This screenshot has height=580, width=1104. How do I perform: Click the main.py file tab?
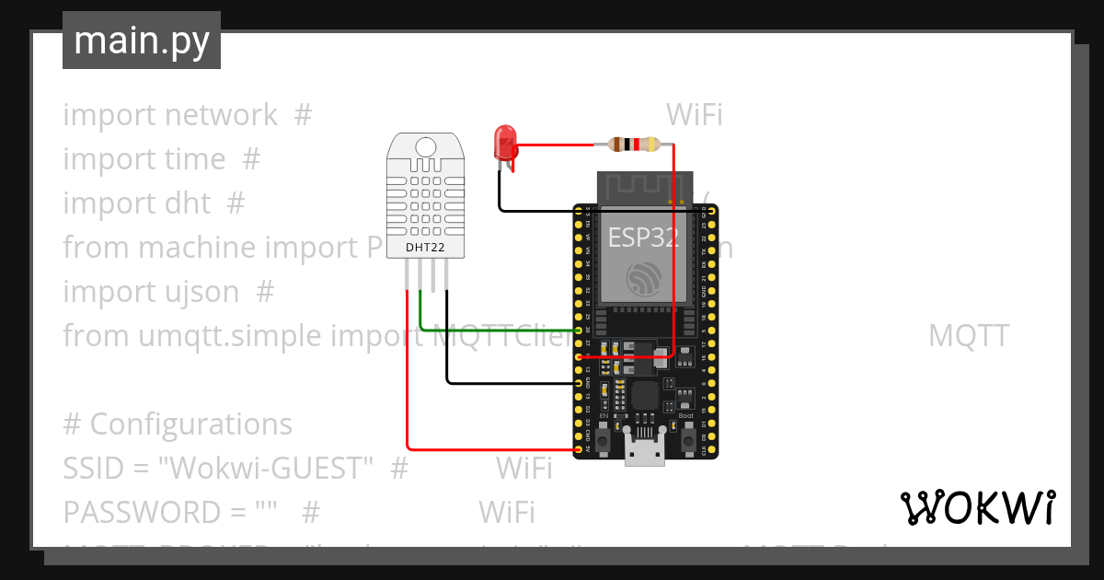coord(141,41)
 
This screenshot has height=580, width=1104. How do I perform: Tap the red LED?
coord(505,144)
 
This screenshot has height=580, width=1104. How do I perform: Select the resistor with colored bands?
coord(634,144)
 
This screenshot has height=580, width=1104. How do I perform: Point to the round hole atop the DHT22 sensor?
coord(425,147)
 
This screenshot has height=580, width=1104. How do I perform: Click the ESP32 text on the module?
coord(643,238)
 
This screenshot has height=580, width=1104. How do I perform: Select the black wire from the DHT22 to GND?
coord(506,382)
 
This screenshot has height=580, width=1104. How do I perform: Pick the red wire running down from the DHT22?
coord(408,387)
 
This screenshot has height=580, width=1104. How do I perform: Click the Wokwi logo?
coord(976,508)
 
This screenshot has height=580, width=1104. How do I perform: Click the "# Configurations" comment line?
coord(178,424)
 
